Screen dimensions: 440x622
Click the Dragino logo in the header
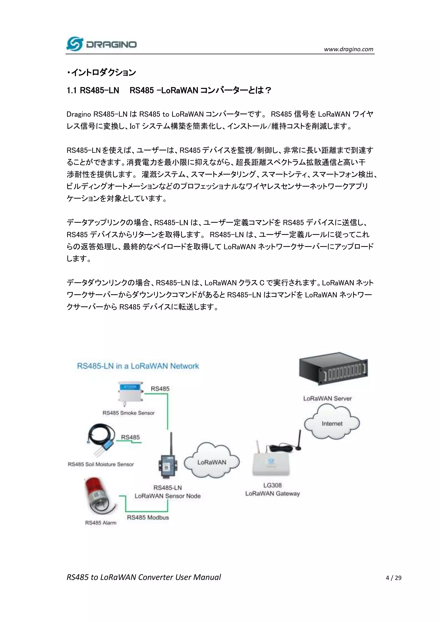101,44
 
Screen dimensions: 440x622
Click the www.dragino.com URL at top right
348,49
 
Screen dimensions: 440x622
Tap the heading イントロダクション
102,73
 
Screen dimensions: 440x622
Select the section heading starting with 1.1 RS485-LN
168,90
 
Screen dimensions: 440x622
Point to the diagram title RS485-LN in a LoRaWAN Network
138,366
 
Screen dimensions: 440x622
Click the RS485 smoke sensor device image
131,393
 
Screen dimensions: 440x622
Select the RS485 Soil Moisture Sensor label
101,464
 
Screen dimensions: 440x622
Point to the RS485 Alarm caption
101,523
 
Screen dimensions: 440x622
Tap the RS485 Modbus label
148,517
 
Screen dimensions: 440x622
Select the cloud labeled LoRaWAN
212,462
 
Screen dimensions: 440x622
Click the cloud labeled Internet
332,423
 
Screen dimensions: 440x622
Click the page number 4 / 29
393,578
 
